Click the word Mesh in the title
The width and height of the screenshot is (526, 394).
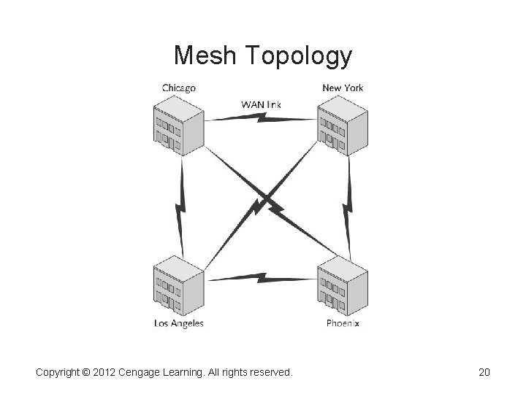[x=206, y=55]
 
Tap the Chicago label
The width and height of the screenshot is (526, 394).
[x=179, y=88]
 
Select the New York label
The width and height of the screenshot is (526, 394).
[x=343, y=88]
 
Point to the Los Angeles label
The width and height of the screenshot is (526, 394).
[x=179, y=323]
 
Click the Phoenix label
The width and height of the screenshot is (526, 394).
[x=343, y=323]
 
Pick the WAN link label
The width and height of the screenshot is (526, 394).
[x=261, y=104]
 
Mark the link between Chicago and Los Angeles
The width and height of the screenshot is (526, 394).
[x=179, y=206]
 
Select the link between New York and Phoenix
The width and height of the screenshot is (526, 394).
[x=348, y=206]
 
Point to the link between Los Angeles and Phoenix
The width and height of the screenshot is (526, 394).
[x=261, y=278]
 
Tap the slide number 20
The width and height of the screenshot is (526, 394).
[x=484, y=373]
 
